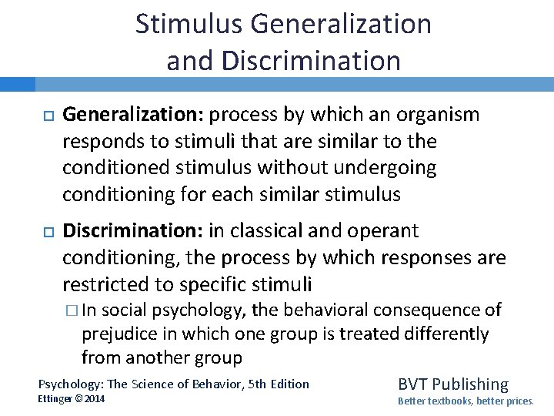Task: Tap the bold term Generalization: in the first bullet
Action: coord(133,116)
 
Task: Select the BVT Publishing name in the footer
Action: coord(452,384)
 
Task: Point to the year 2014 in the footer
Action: coord(95,398)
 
